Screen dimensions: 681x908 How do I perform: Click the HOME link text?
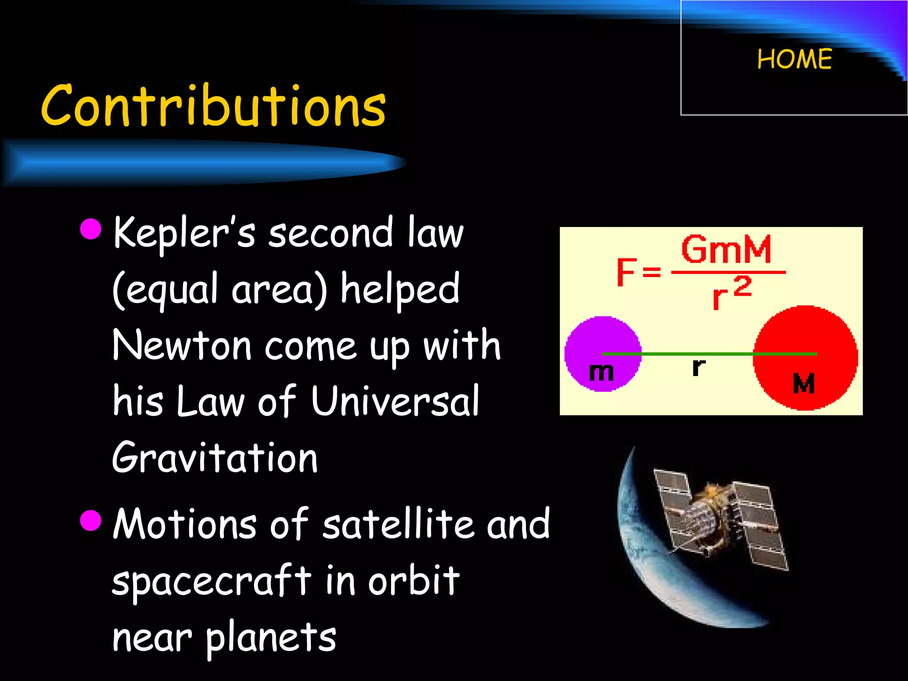(x=794, y=59)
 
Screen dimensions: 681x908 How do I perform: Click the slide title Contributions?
(x=213, y=106)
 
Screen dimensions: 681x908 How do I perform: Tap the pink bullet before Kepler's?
(x=91, y=228)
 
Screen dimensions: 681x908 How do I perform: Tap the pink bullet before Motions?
(x=91, y=519)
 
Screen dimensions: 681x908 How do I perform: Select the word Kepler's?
(x=184, y=233)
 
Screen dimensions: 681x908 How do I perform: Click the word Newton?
(x=182, y=345)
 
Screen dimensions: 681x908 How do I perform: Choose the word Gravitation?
(x=215, y=458)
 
